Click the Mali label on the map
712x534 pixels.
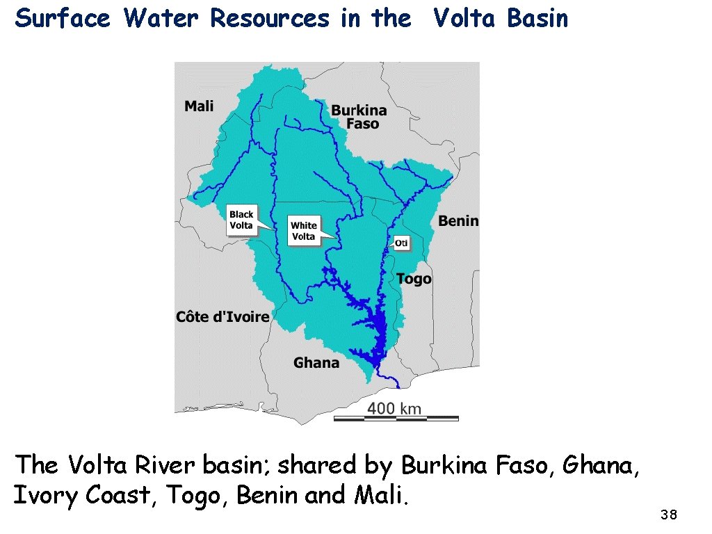pyautogui.click(x=199, y=106)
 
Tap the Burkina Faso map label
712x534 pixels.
pyautogui.click(x=359, y=117)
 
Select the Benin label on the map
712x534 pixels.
pyautogui.click(x=458, y=221)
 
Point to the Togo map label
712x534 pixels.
pyautogui.click(x=414, y=279)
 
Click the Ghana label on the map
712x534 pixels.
pyautogui.click(x=316, y=362)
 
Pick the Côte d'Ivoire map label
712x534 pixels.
pyautogui.click(x=222, y=317)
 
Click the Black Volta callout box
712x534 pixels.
pyautogui.click(x=241, y=220)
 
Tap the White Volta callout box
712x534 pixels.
pyautogui.click(x=303, y=231)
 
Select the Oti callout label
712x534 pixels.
pyautogui.click(x=401, y=243)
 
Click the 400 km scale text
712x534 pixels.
pyautogui.click(x=394, y=408)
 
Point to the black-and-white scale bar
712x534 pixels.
pyautogui.click(x=396, y=419)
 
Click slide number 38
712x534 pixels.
pyautogui.click(x=668, y=515)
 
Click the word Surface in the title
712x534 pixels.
pyautogui.click(x=63, y=19)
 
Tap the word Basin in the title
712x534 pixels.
pyautogui.click(x=537, y=19)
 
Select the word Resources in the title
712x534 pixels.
pyautogui.click(x=270, y=19)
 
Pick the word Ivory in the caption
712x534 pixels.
pyautogui.click(x=47, y=495)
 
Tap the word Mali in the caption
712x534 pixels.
pyautogui.click(x=382, y=495)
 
